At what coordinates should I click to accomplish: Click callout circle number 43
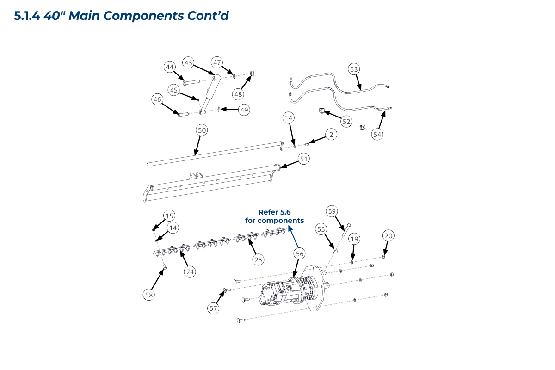188,63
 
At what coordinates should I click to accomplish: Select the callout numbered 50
202,130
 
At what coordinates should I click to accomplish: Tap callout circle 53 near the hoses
354,69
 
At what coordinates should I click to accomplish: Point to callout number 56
300,253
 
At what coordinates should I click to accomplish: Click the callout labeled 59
332,211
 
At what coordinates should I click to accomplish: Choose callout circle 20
388,236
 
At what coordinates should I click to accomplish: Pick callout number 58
149,294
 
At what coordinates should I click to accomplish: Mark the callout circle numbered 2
331,135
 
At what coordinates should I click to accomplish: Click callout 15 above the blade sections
170,216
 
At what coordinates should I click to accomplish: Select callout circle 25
259,259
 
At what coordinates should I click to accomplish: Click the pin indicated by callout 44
191,83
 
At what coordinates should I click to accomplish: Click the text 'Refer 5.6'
274,212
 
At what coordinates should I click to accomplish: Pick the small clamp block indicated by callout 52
321,111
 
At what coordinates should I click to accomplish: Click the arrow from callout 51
290,163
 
